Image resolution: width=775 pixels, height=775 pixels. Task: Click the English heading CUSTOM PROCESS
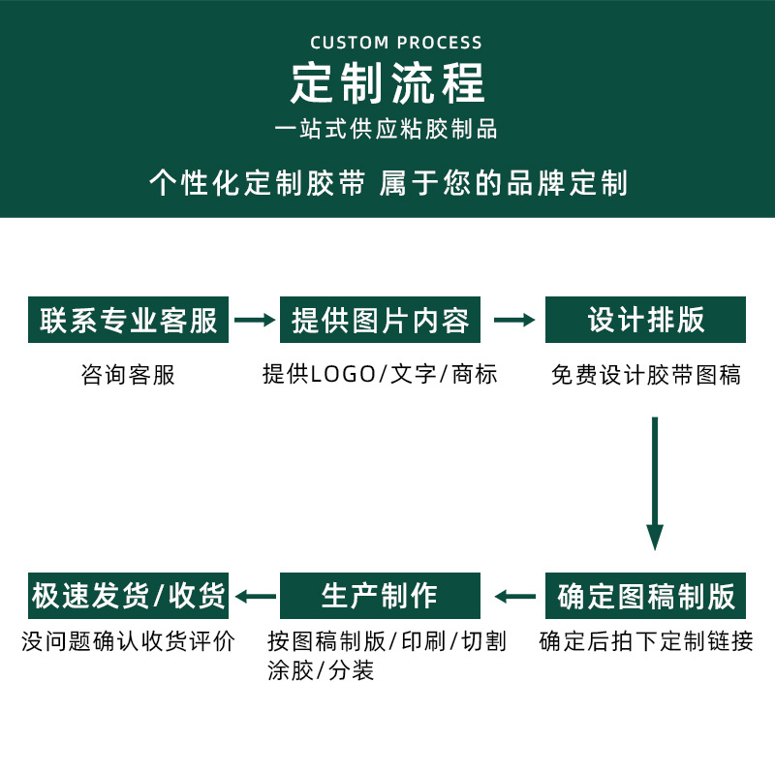point(395,43)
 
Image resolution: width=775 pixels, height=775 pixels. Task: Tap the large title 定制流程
point(387,83)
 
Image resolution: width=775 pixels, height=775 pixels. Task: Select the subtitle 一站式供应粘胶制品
point(387,128)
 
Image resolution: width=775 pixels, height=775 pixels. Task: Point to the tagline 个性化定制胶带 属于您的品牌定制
point(387,183)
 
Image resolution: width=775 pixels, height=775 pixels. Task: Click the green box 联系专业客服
point(129,320)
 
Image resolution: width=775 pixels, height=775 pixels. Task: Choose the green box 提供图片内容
point(380,320)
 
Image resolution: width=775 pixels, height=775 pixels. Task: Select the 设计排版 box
point(645,320)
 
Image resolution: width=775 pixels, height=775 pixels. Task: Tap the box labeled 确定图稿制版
point(645,596)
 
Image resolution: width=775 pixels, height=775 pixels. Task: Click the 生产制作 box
point(380,596)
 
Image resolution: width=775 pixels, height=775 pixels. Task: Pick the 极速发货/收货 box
point(129,596)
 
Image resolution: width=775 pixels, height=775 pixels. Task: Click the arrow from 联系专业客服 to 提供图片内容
point(255,320)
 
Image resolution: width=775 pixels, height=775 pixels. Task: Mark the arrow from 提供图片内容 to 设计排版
point(514,320)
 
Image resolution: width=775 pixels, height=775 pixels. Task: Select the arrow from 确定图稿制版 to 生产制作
point(514,596)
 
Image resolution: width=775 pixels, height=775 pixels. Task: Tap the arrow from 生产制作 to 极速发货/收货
point(255,596)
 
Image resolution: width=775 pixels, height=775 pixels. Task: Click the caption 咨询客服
point(128,375)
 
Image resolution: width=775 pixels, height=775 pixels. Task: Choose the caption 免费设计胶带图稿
point(645,375)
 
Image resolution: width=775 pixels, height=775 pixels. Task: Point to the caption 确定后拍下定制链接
point(645,641)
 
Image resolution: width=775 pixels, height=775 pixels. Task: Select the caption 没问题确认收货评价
point(128,641)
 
